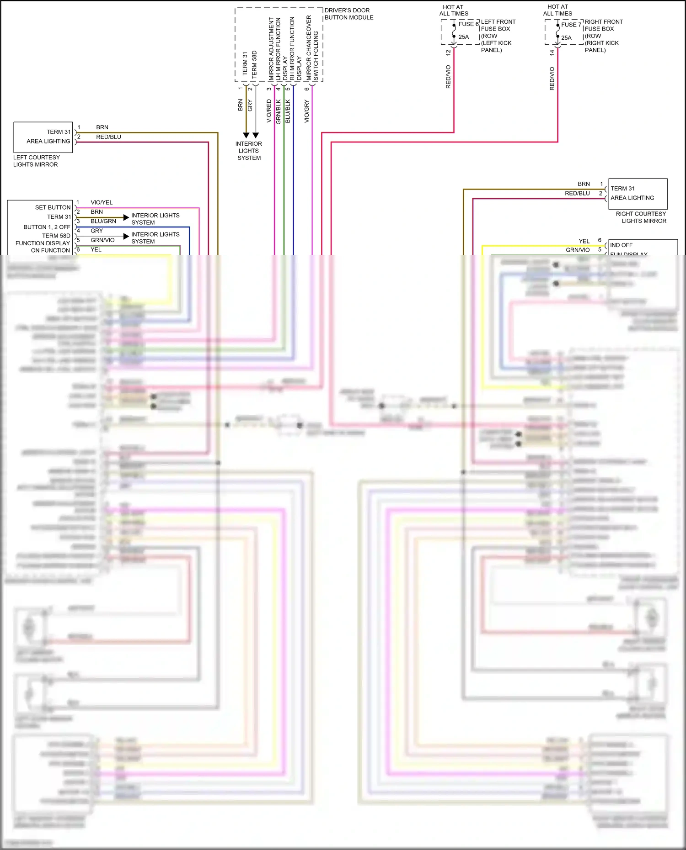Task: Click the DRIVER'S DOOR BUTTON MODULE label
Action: pyautogui.click(x=348, y=14)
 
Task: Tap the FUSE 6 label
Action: pyautogui.click(x=468, y=24)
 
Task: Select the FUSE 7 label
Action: pyautogui.click(x=571, y=25)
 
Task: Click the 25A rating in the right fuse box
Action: pyautogui.click(x=566, y=38)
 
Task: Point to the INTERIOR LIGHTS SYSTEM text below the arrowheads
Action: pyautogui.click(x=249, y=151)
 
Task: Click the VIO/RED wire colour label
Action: pyautogui.click(x=269, y=111)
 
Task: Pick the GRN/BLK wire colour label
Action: pyautogui.click(x=278, y=112)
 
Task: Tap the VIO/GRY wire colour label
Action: pyautogui.click(x=307, y=111)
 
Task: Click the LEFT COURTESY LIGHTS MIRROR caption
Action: pyautogui.click(x=36, y=161)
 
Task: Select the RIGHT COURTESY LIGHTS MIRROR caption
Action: pyautogui.click(x=641, y=217)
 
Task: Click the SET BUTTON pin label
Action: pyautogui.click(x=53, y=207)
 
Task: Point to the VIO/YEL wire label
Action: pyautogui.click(x=102, y=202)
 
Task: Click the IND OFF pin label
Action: pyautogui.click(x=621, y=245)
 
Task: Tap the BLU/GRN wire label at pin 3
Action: pyautogui.click(x=103, y=221)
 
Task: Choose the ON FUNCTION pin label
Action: pyautogui.click(x=50, y=250)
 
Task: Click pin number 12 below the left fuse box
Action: pyautogui.click(x=448, y=53)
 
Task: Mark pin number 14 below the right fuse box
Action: pyautogui.click(x=552, y=53)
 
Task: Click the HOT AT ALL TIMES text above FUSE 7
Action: pyautogui.click(x=557, y=10)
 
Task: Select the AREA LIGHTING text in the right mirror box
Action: pyautogui.click(x=632, y=198)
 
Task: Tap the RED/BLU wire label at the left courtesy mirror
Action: pyautogui.click(x=108, y=137)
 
